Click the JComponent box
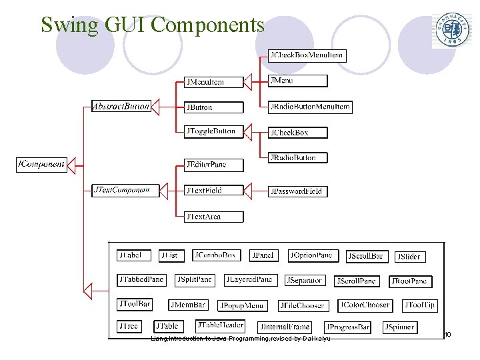(41, 164)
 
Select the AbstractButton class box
(121, 106)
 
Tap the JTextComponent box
(121, 190)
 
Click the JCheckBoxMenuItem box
(307, 55)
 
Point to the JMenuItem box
(213, 82)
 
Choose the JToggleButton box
(213, 131)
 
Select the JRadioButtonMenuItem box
(309, 107)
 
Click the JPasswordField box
(297, 191)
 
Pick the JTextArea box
(213, 217)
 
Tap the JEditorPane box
(213, 165)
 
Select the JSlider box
(410, 257)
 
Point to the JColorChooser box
(365, 305)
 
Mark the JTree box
(129, 327)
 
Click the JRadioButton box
(297, 158)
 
